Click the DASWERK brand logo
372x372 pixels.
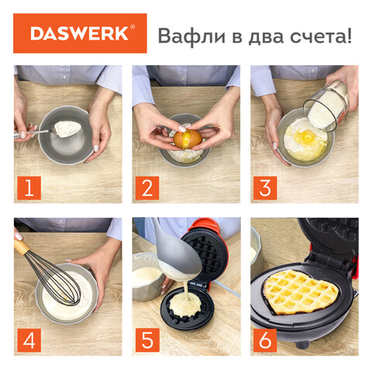[81, 33]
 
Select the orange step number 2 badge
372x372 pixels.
[148, 186]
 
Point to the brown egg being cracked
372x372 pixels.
[187, 139]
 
